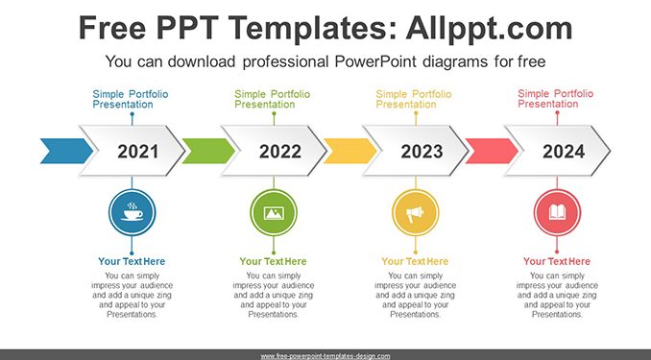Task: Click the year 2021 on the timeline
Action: tap(138, 151)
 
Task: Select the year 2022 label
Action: tap(280, 151)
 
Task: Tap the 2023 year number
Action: tap(422, 151)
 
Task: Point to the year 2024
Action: tap(564, 151)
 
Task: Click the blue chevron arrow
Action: tap(66, 151)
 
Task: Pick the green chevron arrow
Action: tap(208, 151)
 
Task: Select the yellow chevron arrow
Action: tap(350, 151)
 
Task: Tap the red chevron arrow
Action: tap(492, 151)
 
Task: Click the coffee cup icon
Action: tap(133, 212)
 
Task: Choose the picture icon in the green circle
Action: tap(274, 213)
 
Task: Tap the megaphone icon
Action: tap(415, 214)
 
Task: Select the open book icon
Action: tap(557, 213)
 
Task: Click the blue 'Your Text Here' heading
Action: tap(132, 261)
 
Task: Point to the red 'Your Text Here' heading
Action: tap(557, 261)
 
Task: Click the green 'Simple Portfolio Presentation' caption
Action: tap(273, 99)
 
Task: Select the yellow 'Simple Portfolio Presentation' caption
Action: tap(414, 99)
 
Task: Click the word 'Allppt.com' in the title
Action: tap(490, 28)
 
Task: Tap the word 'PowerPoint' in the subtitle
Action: tap(375, 61)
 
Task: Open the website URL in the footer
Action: tap(325, 356)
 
